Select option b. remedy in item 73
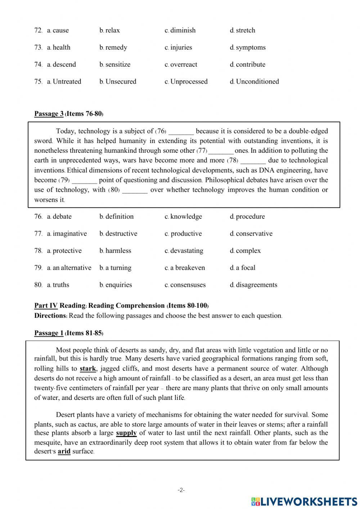pos(113,48)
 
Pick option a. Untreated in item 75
pos(64,82)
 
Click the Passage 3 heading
pos(49,114)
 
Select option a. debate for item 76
pos(59,217)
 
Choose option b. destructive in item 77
pos(118,234)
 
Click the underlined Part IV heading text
pos(46,306)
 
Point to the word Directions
pos(50,316)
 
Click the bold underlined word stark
pos(88,369)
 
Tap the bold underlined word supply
pos(126,433)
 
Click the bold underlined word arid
pos(64,452)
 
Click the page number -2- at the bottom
pos(181,490)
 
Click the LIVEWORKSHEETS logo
pos(304,501)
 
